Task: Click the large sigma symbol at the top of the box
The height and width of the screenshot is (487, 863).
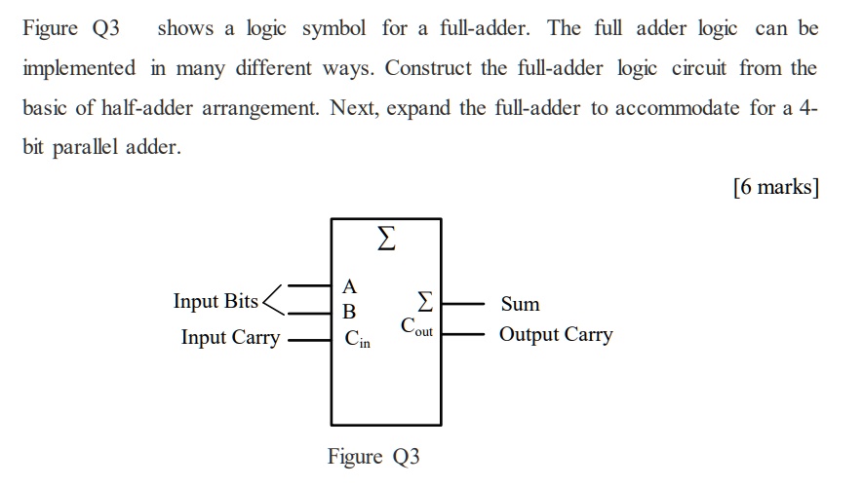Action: click(385, 240)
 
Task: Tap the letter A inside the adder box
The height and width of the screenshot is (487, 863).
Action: click(350, 286)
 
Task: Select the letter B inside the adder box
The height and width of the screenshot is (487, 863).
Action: click(350, 312)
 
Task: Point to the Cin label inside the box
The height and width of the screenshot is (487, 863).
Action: click(357, 340)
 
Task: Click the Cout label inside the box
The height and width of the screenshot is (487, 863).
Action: click(416, 326)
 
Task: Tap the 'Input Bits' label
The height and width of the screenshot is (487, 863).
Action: click(216, 301)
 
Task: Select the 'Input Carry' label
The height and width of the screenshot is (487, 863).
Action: click(230, 338)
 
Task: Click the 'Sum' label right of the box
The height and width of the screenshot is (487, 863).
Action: click(520, 305)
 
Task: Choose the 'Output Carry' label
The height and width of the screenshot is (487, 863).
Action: click(556, 335)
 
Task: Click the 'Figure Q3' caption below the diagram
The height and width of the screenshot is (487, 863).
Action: click(373, 457)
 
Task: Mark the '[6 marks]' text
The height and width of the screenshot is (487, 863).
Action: click(775, 187)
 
